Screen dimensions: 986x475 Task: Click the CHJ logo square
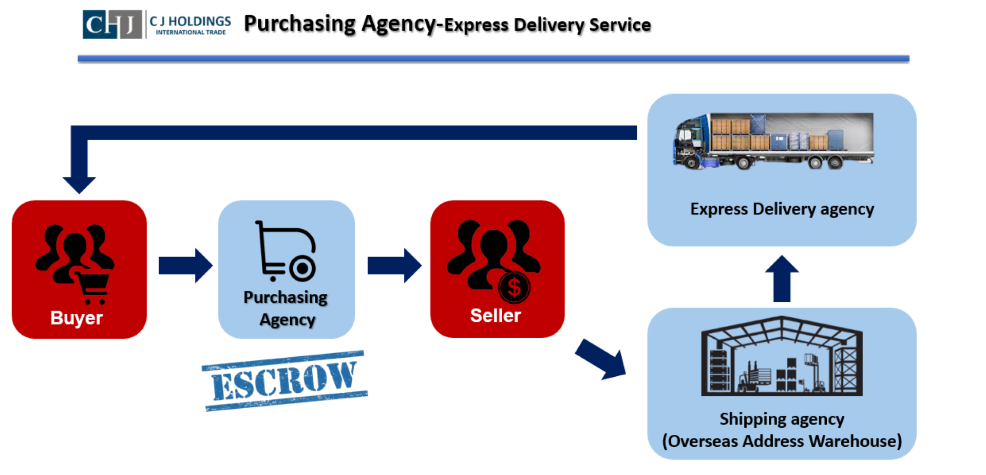(x=112, y=24)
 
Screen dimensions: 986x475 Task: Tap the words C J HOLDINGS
(x=190, y=21)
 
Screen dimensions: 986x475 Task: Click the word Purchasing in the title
(x=299, y=24)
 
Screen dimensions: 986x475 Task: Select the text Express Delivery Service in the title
(x=547, y=25)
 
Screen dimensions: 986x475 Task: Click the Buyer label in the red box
(x=77, y=318)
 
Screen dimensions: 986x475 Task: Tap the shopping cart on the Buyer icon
(x=93, y=286)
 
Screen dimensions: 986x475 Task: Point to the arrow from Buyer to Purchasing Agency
(x=185, y=266)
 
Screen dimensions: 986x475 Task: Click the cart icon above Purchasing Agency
(x=286, y=251)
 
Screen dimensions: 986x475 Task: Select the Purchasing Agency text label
(x=286, y=308)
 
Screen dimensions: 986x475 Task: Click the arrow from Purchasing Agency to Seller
(x=394, y=266)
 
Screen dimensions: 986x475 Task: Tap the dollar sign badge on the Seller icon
(x=514, y=287)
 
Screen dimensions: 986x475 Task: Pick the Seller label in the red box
(x=496, y=315)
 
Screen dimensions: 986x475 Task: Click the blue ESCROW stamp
(x=285, y=381)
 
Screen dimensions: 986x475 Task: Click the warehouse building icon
(x=782, y=356)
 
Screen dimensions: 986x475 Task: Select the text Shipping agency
(x=782, y=419)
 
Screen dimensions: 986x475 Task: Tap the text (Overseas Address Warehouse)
(x=782, y=441)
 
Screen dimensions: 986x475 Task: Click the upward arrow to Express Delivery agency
(x=782, y=278)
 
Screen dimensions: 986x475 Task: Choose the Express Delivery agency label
(x=782, y=209)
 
